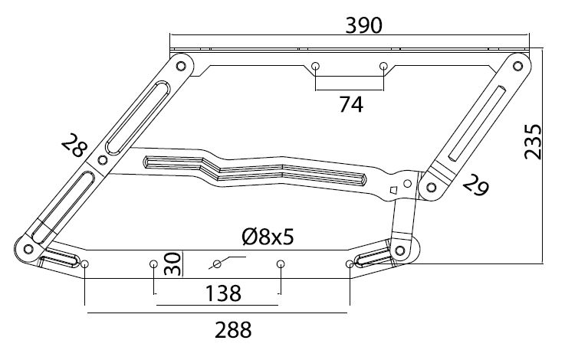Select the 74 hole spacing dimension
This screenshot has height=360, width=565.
351,104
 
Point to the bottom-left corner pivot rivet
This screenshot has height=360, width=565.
28,250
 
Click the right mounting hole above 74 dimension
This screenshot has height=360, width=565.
383,67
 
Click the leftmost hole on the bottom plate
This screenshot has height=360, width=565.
84,264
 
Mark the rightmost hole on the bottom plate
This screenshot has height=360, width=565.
350,264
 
